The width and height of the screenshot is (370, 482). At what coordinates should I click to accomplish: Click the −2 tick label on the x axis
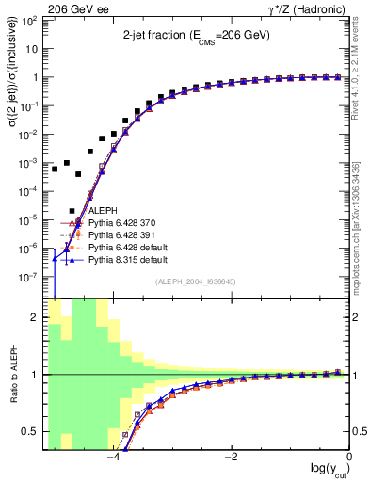coord(231,458)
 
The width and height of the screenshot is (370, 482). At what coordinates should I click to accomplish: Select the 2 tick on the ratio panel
coord(36,317)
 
